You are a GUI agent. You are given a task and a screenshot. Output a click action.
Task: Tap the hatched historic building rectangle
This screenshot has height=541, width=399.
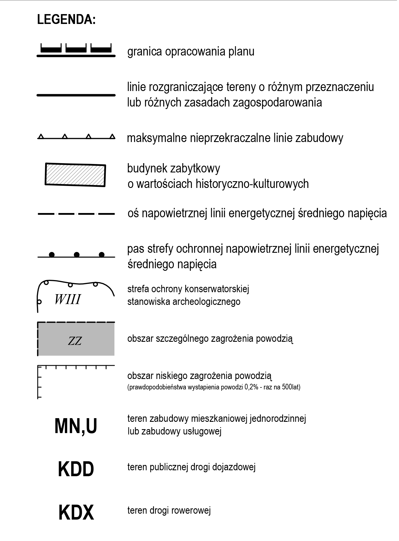75,175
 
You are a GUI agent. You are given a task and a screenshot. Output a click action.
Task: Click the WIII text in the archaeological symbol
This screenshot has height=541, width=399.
68,300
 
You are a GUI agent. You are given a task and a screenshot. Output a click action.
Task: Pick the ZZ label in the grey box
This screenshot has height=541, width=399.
75,341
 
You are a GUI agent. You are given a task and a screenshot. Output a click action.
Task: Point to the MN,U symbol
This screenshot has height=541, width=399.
76,426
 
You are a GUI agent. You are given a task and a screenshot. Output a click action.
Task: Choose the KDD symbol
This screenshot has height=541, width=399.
76,469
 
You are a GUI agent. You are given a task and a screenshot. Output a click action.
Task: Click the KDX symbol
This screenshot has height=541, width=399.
76,513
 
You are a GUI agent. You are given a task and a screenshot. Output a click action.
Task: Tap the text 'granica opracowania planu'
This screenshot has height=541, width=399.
191,52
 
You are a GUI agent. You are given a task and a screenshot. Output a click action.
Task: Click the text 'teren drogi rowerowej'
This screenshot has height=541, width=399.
169,510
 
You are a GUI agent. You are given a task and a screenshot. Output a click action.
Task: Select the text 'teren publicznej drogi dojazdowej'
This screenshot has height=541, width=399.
191,467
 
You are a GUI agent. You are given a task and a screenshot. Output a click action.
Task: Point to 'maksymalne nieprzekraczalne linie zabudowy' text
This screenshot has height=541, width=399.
235,138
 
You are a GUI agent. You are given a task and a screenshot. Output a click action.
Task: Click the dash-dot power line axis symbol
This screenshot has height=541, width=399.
76,214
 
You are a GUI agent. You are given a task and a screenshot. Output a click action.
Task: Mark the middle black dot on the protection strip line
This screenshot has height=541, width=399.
76,255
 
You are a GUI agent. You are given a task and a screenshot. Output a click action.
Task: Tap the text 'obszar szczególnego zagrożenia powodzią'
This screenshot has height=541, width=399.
210,339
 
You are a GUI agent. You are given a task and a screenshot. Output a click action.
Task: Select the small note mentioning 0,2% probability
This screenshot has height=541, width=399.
214,387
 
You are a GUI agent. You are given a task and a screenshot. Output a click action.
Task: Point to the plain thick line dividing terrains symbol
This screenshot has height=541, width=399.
76,95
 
